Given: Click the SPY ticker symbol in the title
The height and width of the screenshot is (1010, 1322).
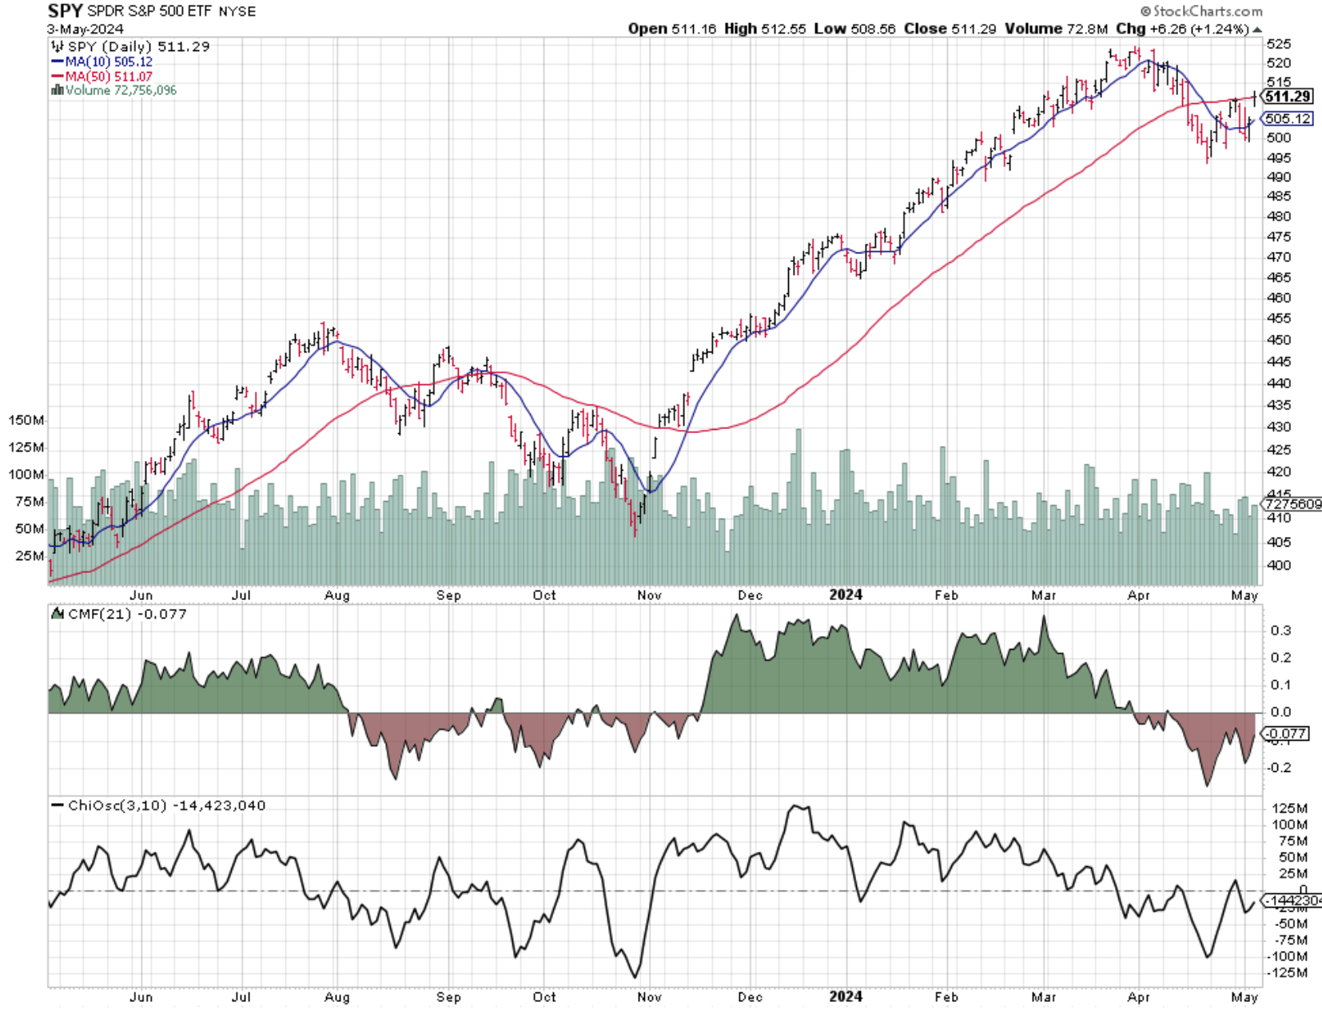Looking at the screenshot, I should pyautogui.click(x=65, y=11).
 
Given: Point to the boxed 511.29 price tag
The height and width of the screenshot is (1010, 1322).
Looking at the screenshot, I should pyautogui.click(x=1288, y=97).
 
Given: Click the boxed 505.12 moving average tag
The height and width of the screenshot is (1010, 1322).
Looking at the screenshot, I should pyautogui.click(x=1288, y=119).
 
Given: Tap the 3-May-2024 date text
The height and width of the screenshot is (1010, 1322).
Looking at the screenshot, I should pyautogui.click(x=85, y=30).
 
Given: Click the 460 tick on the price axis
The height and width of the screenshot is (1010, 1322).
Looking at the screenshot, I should pyautogui.click(x=1279, y=298).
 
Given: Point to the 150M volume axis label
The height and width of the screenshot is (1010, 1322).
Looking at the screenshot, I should pyautogui.click(x=26, y=420).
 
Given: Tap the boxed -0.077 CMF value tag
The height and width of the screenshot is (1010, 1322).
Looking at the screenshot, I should pyautogui.click(x=1286, y=734).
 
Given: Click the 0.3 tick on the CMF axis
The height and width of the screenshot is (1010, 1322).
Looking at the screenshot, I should pyautogui.click(x=1280, y=630).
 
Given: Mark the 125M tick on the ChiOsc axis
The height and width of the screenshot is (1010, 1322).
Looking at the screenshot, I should pyautogui.click(x=1289, y=808).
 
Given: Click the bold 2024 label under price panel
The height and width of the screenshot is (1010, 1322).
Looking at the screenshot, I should pyautogui.click(x=846, y=594).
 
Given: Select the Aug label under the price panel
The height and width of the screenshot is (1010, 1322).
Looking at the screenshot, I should pyautogui.click(x=336, y=595).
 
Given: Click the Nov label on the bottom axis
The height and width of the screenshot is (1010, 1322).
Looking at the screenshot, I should pyautogui.click(x=649, y=997).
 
